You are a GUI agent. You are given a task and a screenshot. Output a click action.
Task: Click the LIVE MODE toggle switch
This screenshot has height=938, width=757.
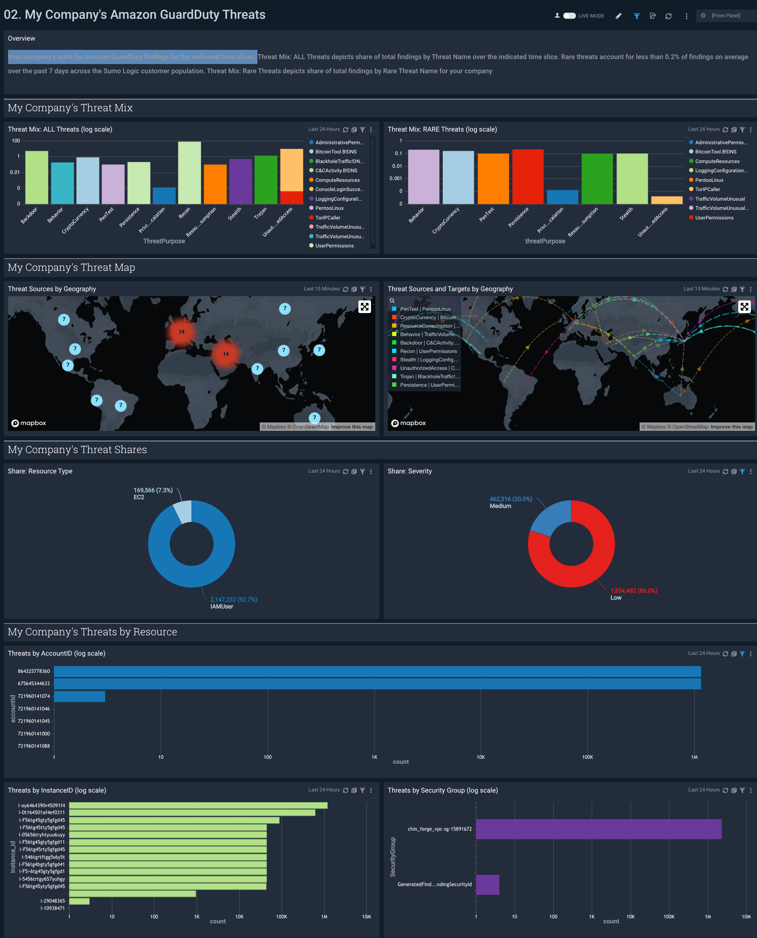[x=569, y=16]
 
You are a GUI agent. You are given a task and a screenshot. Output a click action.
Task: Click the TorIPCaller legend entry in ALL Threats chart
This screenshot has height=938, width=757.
[x=328, y=218]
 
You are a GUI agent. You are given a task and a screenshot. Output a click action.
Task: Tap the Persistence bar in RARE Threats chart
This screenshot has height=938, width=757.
[x=528, y=176]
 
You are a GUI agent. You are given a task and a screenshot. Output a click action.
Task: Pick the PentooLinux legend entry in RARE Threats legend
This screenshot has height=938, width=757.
[x=709, y=180]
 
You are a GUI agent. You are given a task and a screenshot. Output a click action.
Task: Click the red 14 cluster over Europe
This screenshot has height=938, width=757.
[x=181, y=332]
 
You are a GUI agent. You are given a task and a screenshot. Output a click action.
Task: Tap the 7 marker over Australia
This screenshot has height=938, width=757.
[x=314, y=417]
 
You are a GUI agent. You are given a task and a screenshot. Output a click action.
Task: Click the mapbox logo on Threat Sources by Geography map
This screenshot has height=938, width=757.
[x=29, y=423]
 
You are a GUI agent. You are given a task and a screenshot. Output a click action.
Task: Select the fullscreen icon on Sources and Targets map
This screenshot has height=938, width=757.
[x=744, y=307]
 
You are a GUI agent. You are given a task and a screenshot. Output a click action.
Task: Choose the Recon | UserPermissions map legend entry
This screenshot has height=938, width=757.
[x=428, y=351]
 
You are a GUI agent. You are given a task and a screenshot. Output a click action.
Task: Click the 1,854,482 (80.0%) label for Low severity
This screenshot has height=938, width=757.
[x=633, y=591]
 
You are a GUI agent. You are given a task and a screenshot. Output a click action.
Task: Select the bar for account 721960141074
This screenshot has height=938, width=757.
[x=79, y=696]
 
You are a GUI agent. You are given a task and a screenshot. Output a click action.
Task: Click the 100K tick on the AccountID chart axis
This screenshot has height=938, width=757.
[x=587, y=757]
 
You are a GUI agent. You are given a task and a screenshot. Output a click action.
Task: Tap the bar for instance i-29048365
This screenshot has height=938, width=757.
[x=79, y=901]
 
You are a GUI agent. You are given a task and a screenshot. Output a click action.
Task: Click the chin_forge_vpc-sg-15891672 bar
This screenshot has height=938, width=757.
[x=598, y=829]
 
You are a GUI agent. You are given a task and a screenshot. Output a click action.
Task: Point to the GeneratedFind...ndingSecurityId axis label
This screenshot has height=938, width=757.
[x=434, y=884]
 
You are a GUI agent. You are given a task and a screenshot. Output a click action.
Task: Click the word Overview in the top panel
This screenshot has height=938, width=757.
[x=21, y=38]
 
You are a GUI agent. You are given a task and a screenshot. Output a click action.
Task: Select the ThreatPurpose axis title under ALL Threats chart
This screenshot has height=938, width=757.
[x=164, y=241]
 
